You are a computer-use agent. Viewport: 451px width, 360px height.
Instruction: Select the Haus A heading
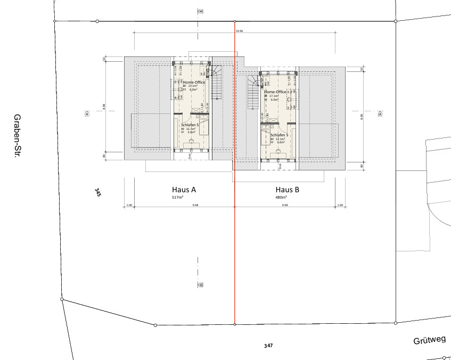184,189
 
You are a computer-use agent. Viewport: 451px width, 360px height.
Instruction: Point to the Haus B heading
288,189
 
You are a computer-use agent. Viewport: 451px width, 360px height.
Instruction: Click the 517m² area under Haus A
178,197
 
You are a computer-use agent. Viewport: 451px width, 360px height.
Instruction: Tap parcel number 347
268,346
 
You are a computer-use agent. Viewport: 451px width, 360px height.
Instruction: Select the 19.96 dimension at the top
239,31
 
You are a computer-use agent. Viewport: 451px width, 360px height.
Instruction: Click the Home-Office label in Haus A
194,83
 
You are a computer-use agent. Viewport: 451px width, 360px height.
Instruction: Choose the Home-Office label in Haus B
276,92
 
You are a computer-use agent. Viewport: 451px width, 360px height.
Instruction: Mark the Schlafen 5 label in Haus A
190,124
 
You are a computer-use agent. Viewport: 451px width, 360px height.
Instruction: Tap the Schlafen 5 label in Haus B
279,135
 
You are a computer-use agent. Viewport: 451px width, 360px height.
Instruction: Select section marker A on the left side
87,113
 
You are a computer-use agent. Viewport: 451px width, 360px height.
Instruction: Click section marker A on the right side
380,113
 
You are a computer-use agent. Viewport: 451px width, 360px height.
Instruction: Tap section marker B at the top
201,11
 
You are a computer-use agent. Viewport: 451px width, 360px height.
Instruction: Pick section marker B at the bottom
201,285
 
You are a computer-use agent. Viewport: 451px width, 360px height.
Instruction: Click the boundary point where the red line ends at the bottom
235,324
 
